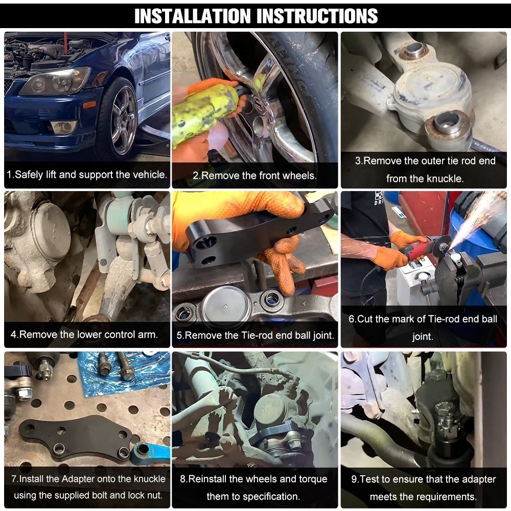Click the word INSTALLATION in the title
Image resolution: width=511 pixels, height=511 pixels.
click(193, 16)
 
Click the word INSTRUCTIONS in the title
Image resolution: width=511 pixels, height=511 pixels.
click(317, 16)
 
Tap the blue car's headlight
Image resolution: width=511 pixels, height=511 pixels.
click(55, 80)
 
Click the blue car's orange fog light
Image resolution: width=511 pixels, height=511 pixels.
click(88, 105)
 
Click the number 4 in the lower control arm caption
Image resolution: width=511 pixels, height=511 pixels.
click(13, 335)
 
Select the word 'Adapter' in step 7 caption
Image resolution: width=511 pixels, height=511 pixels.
click(78, 479)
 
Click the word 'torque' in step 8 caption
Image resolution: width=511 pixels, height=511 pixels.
click(312, 479)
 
